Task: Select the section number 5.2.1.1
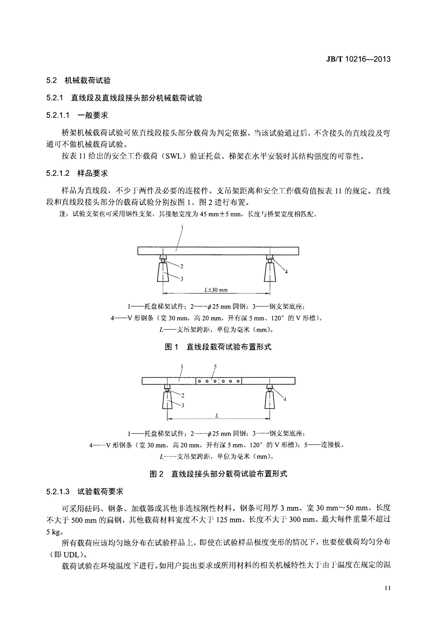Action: [x=59, y=115]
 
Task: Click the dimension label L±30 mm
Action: [x=216, y=290]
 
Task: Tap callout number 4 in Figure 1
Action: [x=286, y=271]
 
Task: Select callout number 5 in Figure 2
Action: [x=215, y=366]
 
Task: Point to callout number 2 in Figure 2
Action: [x=182, y=395]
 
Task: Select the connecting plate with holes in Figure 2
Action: [x=219, y=381]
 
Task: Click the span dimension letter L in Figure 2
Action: [x=217, y=416]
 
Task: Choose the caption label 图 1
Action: [x=172, y=347]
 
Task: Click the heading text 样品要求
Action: [x=93, y=173]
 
